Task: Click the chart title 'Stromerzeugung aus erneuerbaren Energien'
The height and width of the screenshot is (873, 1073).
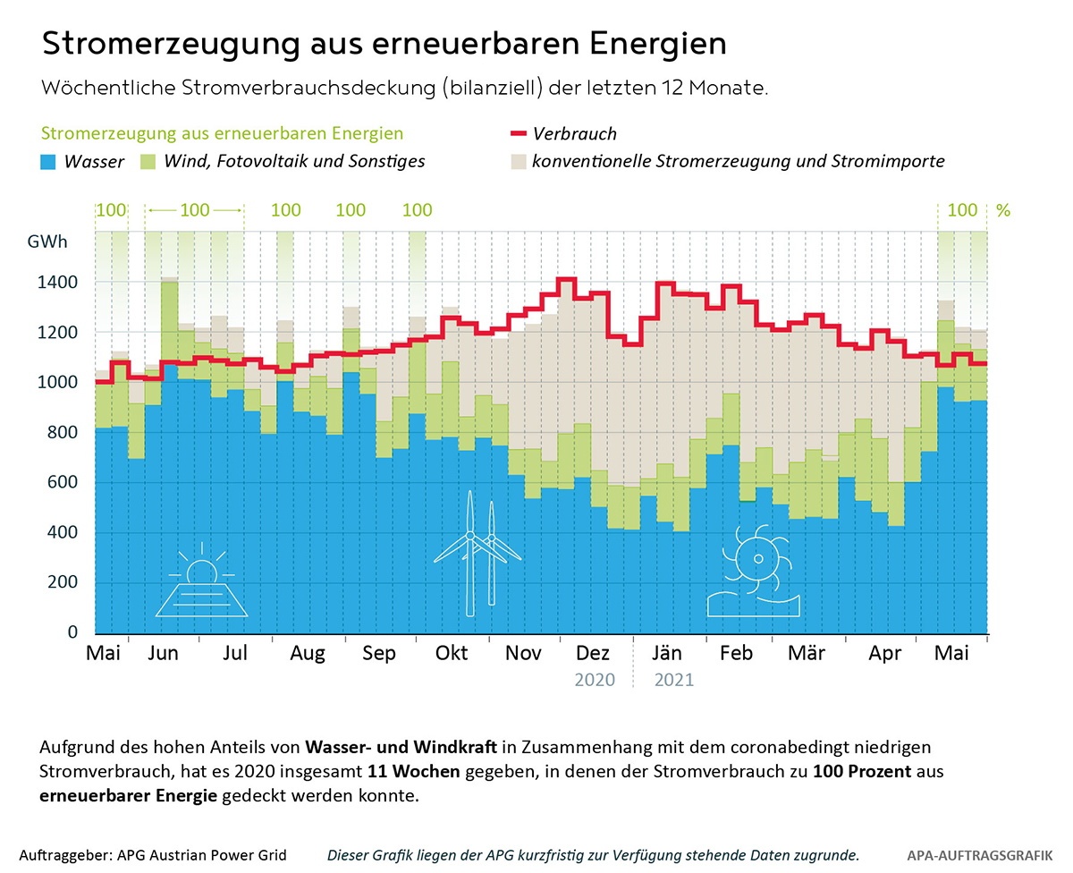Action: (384, 44)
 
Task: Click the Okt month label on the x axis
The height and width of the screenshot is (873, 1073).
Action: (452, 653)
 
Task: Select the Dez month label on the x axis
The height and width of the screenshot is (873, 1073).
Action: (594, 653)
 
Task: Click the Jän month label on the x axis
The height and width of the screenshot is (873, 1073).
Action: (667, 653)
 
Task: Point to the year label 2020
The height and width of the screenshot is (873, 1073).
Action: (595, 680)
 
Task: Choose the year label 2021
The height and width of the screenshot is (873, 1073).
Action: (674, 680)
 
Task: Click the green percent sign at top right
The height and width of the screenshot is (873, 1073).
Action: (1003, 211)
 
